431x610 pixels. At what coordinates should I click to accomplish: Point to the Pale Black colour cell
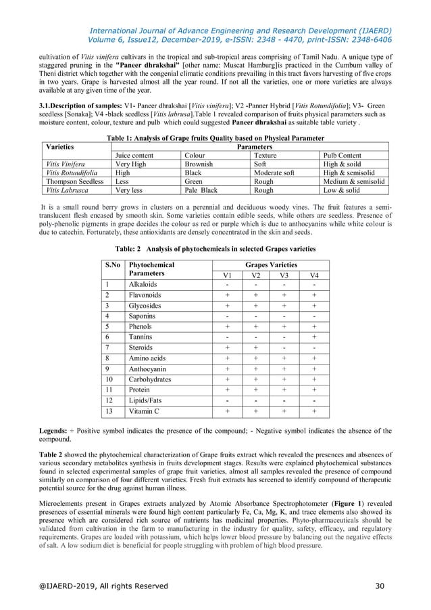pos(201,190)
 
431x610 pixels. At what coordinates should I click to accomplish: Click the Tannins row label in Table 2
pos(143,336)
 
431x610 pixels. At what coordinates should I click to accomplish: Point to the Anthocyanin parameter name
pos(149,369)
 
